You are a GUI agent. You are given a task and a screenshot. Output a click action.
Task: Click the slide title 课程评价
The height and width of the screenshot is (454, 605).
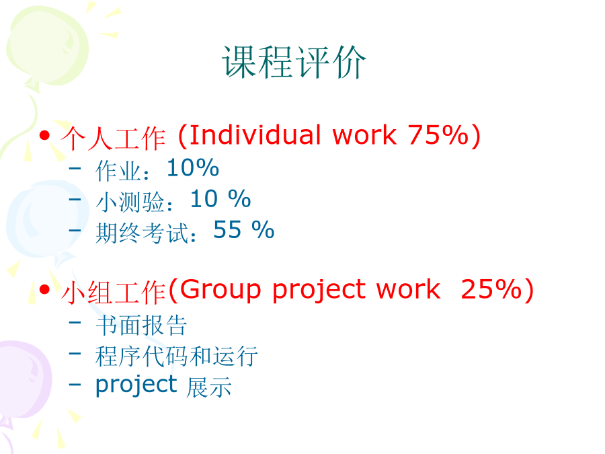294,62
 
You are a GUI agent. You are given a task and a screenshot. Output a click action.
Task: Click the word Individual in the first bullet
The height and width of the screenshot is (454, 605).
255,135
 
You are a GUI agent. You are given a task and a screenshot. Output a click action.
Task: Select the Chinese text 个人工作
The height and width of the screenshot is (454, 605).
114,138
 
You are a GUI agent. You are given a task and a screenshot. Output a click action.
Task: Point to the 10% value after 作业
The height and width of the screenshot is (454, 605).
193,167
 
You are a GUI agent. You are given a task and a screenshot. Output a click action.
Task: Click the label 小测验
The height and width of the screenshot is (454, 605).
130,202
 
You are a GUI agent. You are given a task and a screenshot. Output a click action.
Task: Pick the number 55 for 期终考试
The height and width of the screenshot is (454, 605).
227,230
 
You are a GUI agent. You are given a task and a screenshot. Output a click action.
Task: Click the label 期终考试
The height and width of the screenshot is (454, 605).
142,233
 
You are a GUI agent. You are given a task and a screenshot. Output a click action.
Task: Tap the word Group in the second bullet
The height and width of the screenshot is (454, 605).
220,289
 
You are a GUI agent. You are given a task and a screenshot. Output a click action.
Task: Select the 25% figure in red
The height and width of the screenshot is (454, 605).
491,289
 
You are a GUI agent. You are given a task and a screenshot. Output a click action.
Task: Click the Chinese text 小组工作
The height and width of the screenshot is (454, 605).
114,293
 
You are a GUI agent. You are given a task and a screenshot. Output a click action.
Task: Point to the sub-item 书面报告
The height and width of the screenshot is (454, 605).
142,325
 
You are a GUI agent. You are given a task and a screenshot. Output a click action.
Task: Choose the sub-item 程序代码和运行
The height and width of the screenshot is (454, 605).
177,356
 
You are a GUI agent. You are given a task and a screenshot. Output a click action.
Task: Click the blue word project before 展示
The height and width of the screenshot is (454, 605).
136,385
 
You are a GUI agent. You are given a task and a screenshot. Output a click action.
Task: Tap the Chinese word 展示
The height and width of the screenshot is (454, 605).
209,387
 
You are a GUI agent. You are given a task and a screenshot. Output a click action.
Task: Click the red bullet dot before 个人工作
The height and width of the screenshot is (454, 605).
45,135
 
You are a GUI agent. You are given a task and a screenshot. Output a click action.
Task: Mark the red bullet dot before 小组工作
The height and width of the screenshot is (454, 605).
45,289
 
